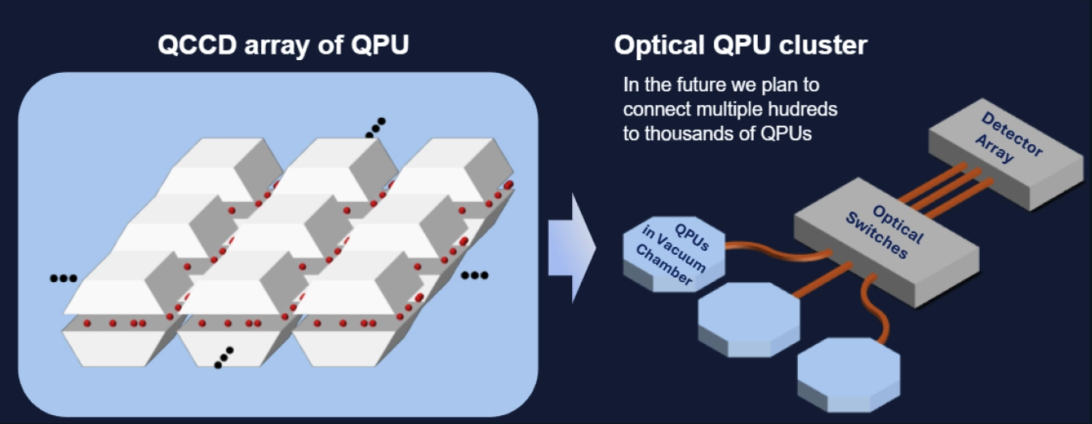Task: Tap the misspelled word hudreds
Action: [804, 108]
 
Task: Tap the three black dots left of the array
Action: [63, 278]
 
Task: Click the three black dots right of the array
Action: [474, 276]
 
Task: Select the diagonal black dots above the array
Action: [375, 127]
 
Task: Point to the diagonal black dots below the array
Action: [224, 357]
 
